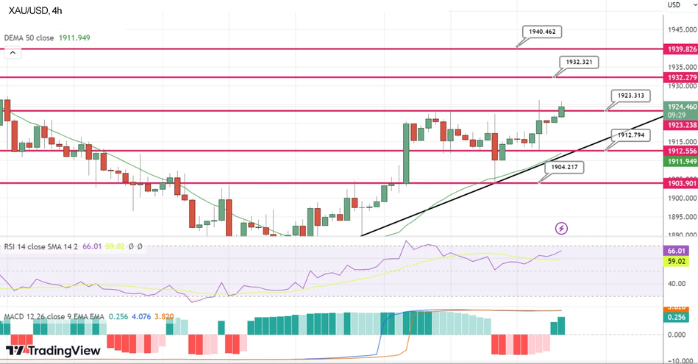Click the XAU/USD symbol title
tap(35, 10)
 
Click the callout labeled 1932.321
tap(578, 63)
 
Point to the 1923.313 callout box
tap(631, 96)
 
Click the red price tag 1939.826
tap(680, 49)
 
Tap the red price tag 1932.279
tap(680, 77)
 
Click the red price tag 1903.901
tap(680, 183)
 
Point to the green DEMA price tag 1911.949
tap(680, 161)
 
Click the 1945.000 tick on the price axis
tap(679, 30)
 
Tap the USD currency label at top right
tap(674, 5)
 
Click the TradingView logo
tap(53, 351)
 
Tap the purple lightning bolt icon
tap(562, 228)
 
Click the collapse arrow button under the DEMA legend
tap(13, 53)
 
